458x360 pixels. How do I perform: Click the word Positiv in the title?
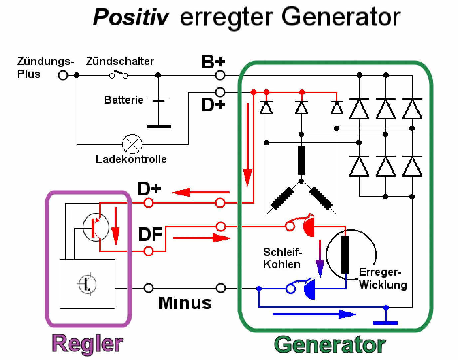click(131, 17)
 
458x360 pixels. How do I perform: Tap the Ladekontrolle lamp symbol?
click(132, 144)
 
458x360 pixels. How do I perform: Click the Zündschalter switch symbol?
click(119, 74)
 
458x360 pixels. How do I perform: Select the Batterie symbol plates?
click(159, 99)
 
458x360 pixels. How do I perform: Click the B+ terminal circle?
click(220, 75)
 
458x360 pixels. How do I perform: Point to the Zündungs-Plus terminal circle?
click(63, 75)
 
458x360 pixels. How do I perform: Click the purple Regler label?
click(88, 344)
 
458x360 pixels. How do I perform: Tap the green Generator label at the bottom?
click(330, 344)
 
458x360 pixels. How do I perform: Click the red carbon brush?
click(309, 226)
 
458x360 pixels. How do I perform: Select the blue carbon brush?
click(309, 288)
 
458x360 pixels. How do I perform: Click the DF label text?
click(150, 234)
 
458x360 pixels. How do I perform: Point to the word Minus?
click(185, 303)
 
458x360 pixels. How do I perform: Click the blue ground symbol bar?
click(385, 323)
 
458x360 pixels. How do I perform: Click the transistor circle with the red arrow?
click(96, 227)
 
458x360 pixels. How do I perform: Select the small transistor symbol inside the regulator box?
click(87, 284)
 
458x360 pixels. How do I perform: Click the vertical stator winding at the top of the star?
click(301, 160)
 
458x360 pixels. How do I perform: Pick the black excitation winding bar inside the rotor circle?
click(345, 254)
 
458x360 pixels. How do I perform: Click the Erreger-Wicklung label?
click(383, 278)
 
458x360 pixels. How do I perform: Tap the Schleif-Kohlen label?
click(282, 258)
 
